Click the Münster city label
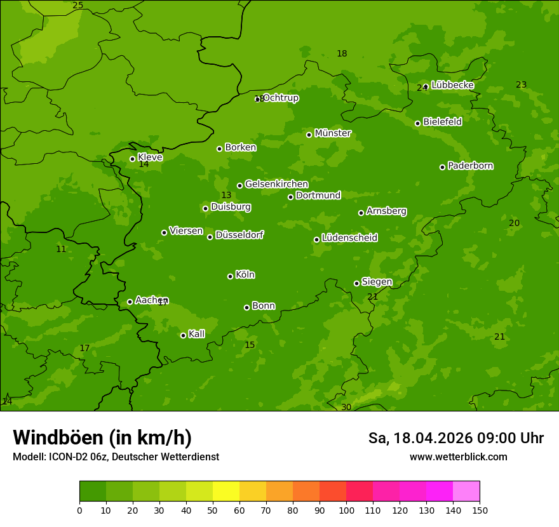tap(332, 133)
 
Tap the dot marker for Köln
tap(230, 276)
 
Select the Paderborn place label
tap(470, 166)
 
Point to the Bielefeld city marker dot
tap(417, 123)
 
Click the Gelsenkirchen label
tap(276, 184)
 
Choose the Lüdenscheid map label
tap(349, 238)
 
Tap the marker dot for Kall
tap(183, 335)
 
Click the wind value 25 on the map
tap(77, 6)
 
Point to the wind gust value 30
tap(346, 407)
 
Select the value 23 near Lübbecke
tap(521, 84)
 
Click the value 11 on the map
tap(61, 250)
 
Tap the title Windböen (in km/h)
tap(102, 437)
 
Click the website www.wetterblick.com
tap(458, 457)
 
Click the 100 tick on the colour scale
tap(346, 510)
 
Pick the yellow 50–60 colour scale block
tap(226, 491)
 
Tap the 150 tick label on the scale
tap(480, 510)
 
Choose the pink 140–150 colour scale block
tap(466, 491)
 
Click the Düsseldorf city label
tap(239, 235)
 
